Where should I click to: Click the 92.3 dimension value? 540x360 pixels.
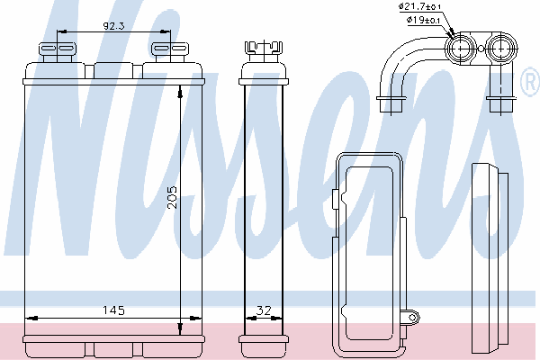113,26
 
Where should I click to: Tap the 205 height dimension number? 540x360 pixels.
172,197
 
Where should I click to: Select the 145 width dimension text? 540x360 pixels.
113,310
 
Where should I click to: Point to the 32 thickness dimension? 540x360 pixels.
264,310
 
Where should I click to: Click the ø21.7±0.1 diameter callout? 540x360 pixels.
419,6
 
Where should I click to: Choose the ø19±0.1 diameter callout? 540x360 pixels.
423,20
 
